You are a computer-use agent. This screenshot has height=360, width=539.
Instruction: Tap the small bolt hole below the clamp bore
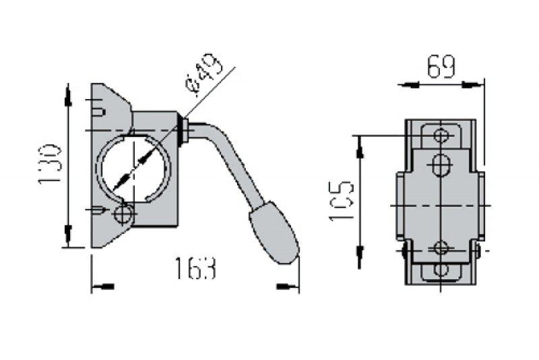pyautogui.click(x=123, y=214)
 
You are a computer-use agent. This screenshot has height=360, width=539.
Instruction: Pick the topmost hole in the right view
pyautogui.click(x=441, y=135)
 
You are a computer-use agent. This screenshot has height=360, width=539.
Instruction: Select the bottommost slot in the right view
pyautogui.click(x=441, y=271)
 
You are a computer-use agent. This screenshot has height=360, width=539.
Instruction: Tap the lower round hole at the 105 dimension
pyautogui.click(x=441, y=247)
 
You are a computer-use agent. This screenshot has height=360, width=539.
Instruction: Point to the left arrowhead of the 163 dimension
pyautogui.click(x=102, y=287)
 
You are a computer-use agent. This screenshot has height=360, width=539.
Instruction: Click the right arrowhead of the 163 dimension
pyautogui.click(x=290, y=287)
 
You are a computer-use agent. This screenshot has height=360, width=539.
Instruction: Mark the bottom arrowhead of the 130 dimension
pyautogui.click(x=67, y=236)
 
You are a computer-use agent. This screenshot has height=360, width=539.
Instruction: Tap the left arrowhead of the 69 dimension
pyautogui.click(x=408, y=84)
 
